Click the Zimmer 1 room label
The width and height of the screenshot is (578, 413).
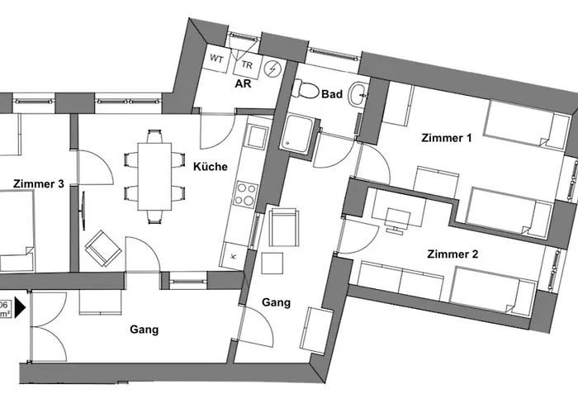click(x=446, y=138)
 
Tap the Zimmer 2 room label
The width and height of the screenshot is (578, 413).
click(x=452, y=254)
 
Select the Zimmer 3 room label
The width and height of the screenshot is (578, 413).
click(x=39, y=183)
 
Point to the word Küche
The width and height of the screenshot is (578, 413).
click(x=211, y=166)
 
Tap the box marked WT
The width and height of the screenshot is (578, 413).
click(x=218, y=59)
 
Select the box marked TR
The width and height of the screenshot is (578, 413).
click(x=247, y=64)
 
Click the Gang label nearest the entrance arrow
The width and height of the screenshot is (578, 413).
click(x=144, y=330)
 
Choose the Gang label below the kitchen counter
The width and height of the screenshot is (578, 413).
click(x=276, y=302)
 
